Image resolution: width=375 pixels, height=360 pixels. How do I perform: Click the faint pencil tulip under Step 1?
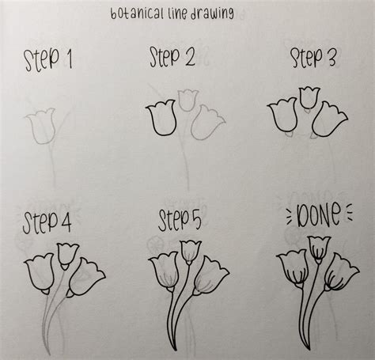(40, 127)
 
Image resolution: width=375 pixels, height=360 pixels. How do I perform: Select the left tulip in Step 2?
(161, 119)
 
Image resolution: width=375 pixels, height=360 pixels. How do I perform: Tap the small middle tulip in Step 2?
(187, 100)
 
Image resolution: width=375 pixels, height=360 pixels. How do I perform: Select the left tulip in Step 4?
(40, 274)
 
